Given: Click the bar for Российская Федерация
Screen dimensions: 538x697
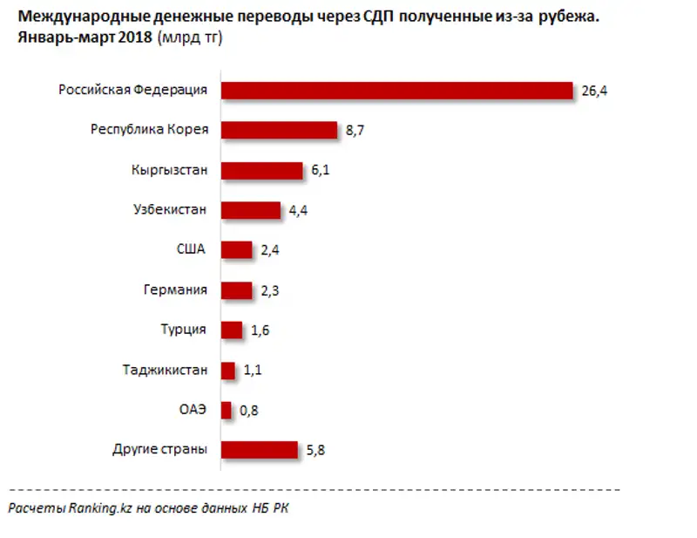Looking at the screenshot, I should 396,90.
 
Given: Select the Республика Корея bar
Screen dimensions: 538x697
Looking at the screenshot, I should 279,130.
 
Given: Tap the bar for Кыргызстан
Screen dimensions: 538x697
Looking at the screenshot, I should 261,170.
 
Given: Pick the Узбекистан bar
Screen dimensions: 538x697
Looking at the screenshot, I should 251,210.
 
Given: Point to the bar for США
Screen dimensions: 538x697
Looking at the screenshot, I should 236,250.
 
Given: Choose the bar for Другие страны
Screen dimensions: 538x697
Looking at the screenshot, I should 260,450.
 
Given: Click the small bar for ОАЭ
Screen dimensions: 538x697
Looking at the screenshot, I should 227,410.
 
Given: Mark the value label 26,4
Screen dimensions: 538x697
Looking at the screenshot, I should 592,91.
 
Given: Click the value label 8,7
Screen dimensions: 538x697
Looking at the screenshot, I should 355,131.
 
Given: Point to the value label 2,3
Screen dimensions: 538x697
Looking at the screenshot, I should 270,290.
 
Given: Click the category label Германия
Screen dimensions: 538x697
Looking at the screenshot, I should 174,289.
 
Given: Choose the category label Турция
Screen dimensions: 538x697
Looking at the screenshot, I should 183,330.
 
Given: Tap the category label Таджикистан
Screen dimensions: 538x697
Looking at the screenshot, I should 165,370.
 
